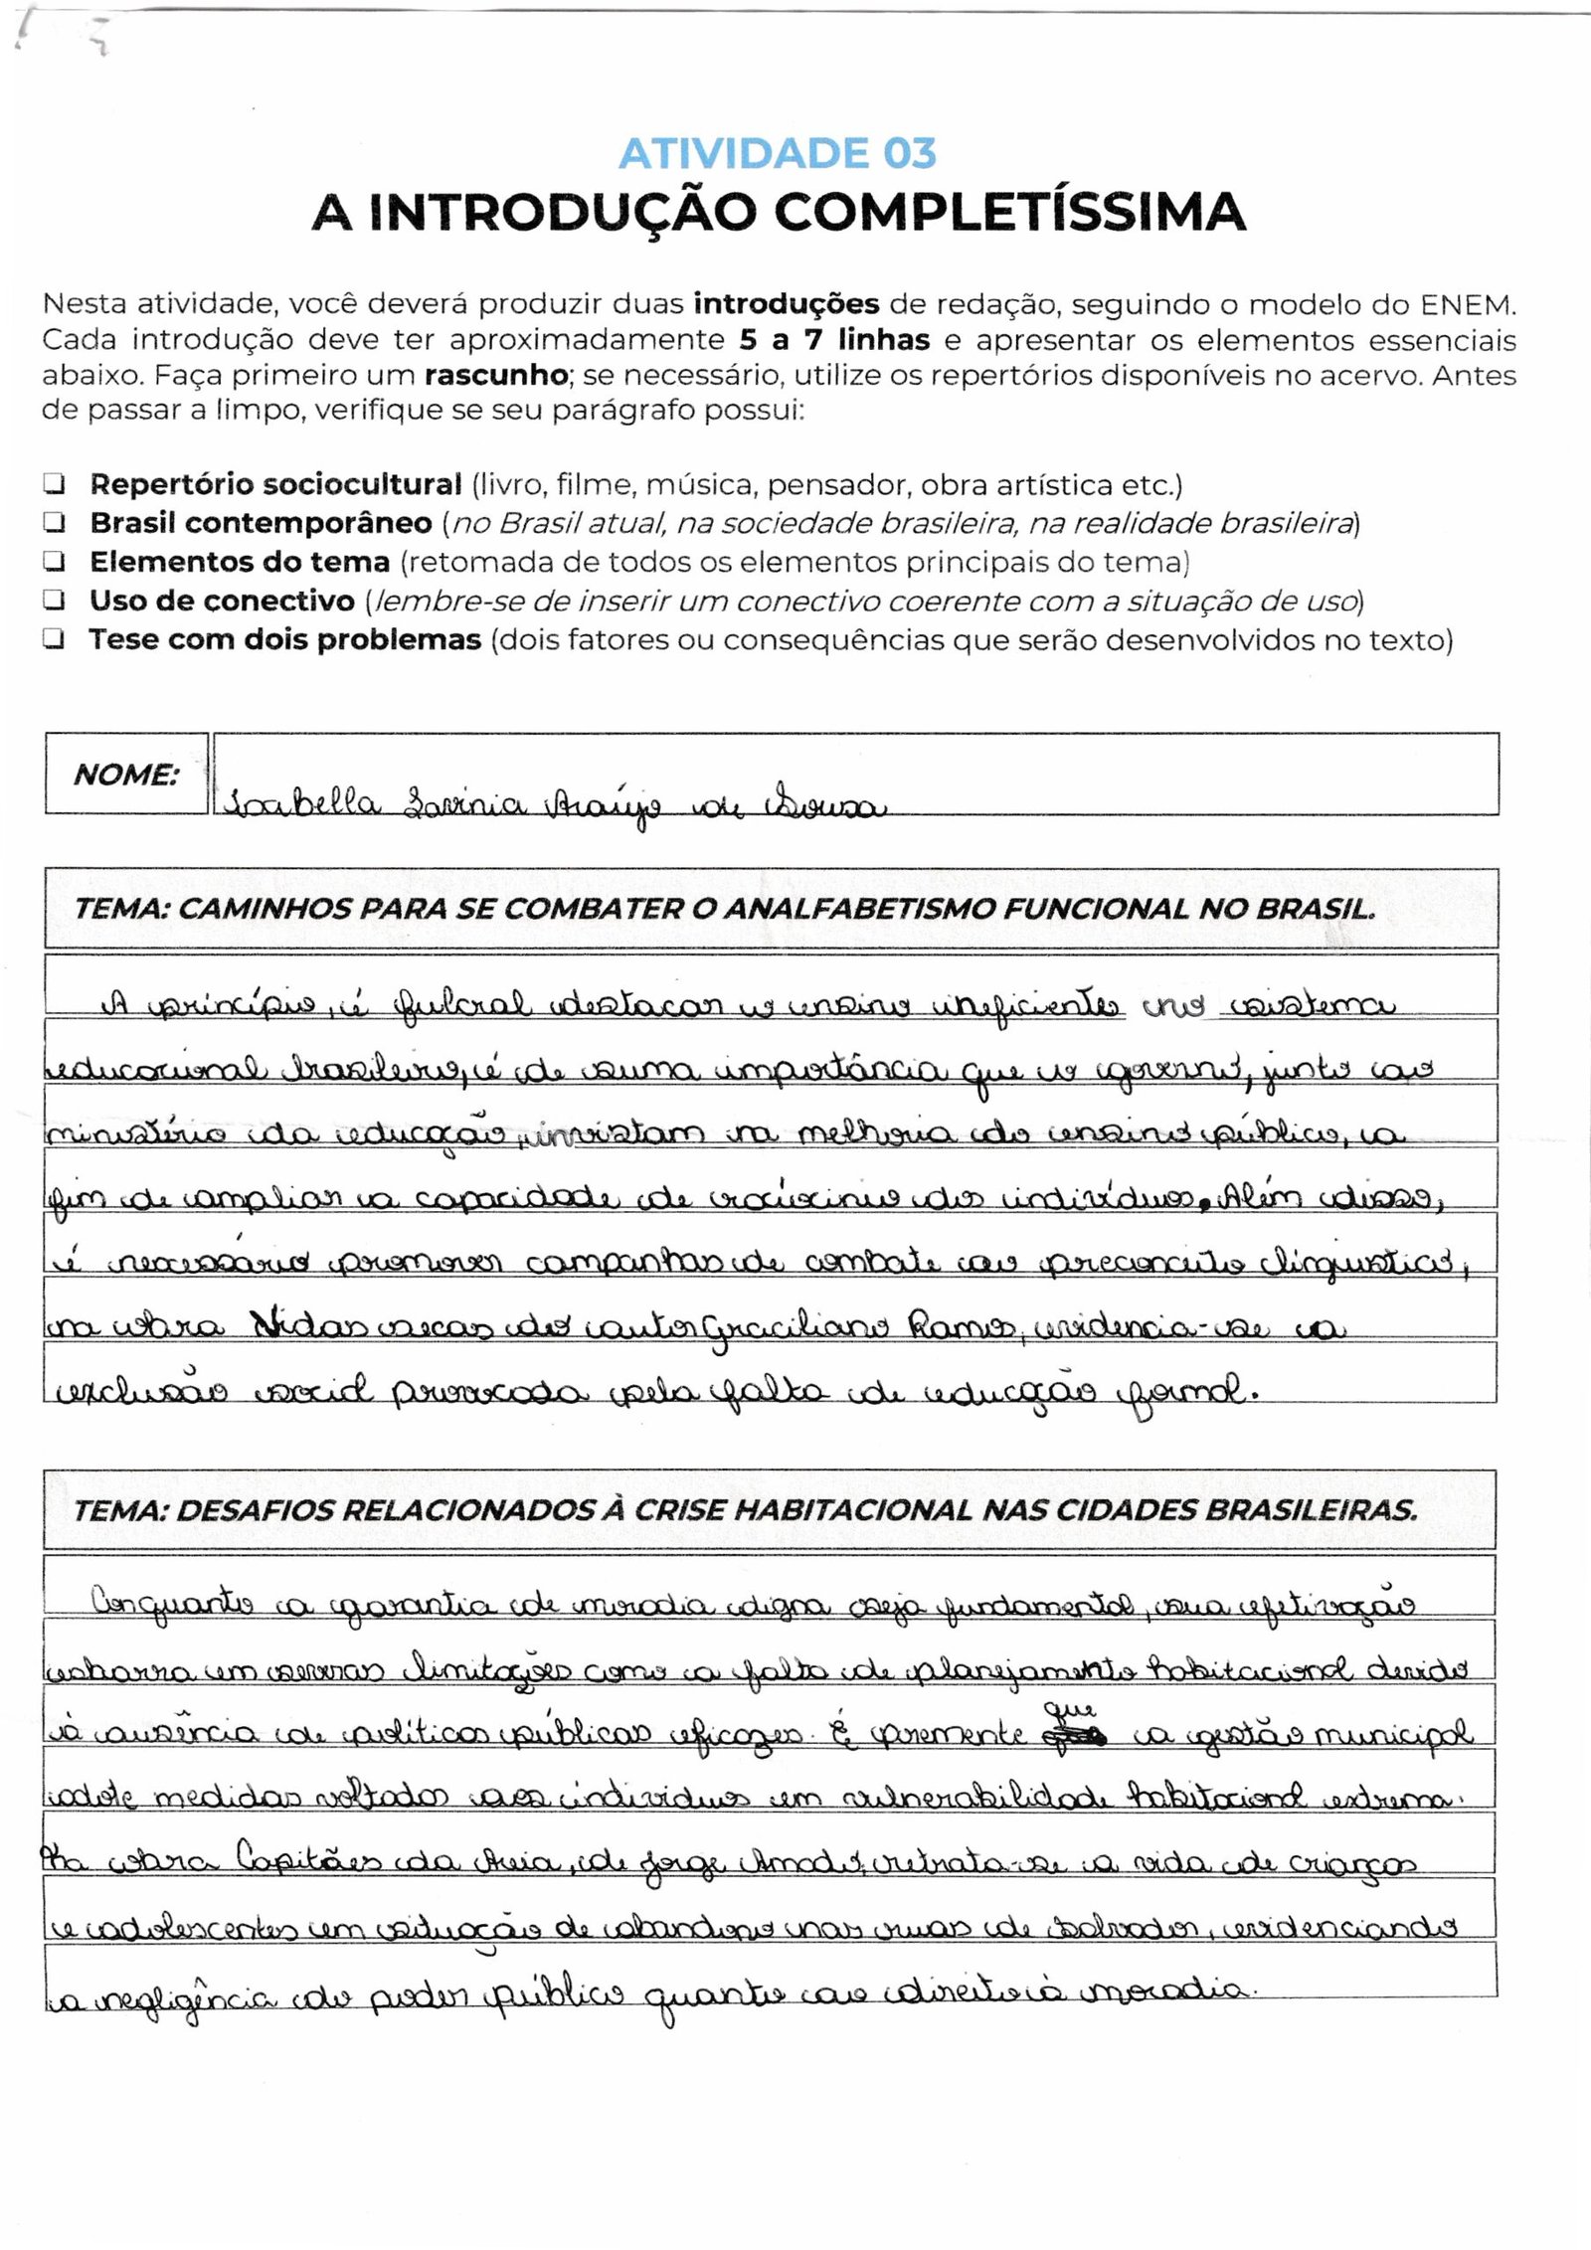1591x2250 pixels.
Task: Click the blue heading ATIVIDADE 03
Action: click(x=778, y=153)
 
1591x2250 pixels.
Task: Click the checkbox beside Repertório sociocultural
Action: click(x=53, y=485)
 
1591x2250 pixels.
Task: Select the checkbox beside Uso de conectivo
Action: click(x=53, y=602)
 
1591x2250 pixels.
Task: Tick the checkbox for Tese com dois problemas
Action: click(x=53, y=640)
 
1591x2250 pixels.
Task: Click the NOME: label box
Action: click(x=126, y=775)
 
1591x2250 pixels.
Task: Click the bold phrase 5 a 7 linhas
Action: click(x=833, y=340)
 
